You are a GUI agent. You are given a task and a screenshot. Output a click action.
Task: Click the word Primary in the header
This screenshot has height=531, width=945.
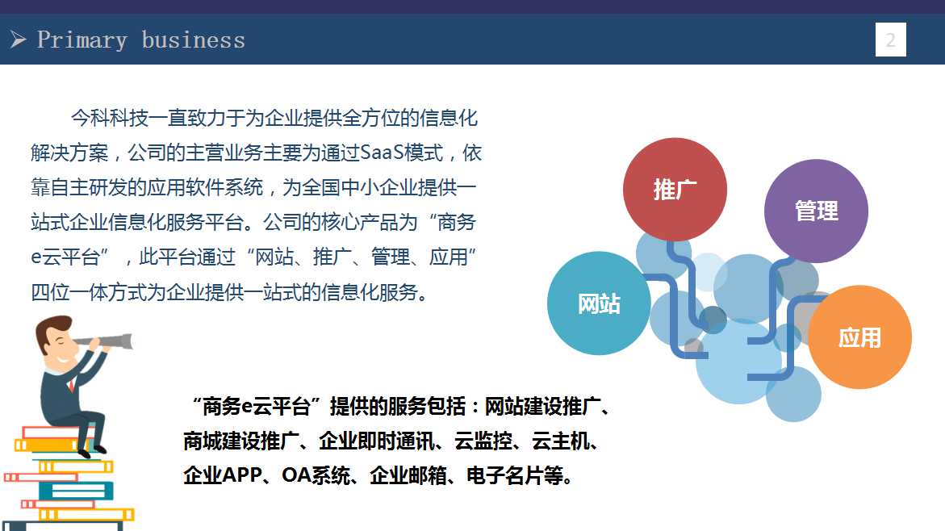[82, 40]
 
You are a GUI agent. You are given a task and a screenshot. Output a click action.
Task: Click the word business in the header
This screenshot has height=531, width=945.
[194, 40]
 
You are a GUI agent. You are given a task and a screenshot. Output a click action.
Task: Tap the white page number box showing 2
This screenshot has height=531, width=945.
[891, 40]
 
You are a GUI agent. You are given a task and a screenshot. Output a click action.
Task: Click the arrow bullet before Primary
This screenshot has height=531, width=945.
[18, 40]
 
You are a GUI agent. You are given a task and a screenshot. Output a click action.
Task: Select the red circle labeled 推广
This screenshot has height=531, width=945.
[675, 190]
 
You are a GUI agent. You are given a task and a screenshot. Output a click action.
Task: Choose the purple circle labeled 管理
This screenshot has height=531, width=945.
[816, 211]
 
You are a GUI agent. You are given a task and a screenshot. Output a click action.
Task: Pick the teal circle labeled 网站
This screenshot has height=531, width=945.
[599, 303]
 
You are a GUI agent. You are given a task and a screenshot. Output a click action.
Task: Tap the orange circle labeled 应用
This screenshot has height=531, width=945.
[859, 337]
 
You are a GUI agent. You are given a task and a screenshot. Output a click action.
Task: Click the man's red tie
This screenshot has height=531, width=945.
[73, 384]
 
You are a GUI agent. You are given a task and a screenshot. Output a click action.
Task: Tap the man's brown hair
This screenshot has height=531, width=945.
[48, 330]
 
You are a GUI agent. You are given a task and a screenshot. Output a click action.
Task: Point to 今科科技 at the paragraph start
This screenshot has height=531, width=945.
[110, 118]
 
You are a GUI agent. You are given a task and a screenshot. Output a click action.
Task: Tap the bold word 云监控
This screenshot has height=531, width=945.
[483, 441]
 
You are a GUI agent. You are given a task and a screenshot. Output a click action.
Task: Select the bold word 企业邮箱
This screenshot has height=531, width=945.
[408, 475]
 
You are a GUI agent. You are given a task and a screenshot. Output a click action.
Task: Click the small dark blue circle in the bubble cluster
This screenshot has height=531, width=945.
[713, 320]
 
